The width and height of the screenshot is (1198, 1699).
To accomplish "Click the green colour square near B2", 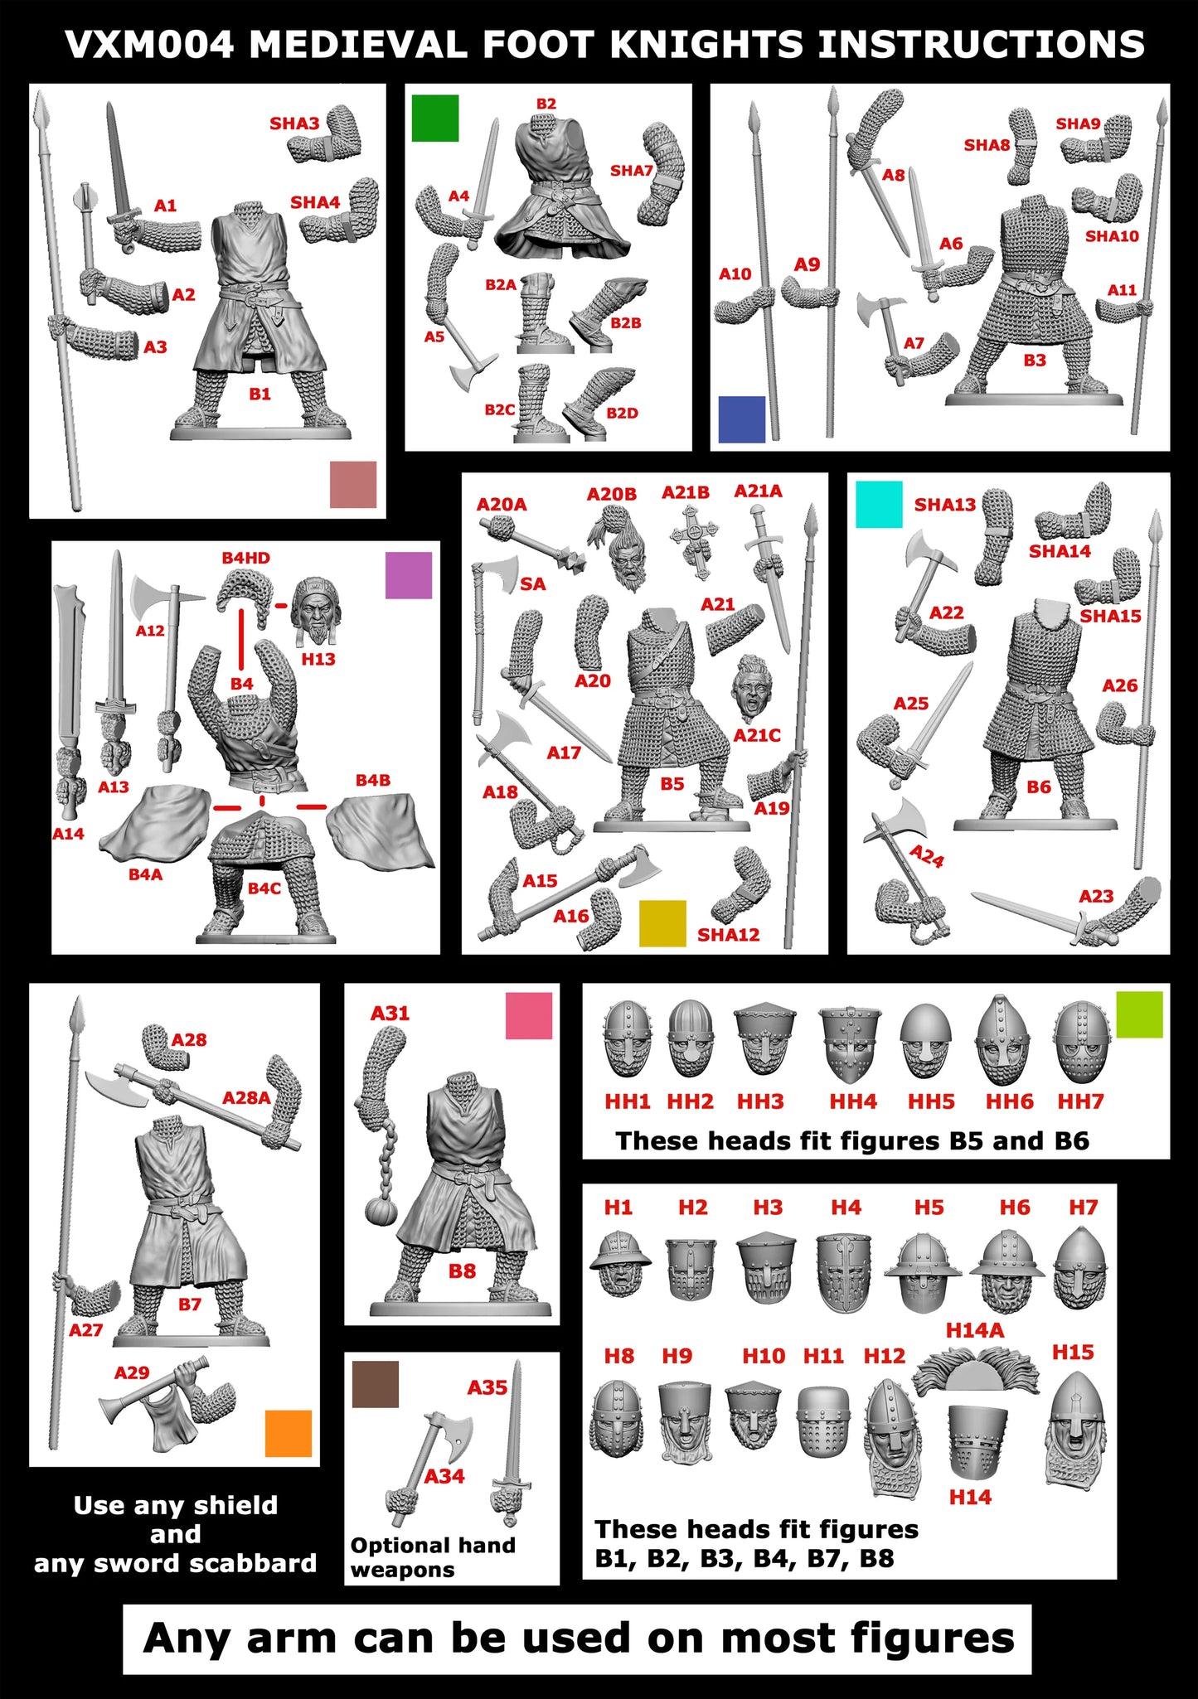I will click(x=435, y=118).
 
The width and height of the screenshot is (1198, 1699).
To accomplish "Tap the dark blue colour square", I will click(x=741, y=419).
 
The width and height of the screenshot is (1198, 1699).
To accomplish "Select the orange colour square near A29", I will click(x=288, y=1433).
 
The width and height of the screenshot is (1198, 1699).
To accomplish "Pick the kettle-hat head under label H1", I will click(x=620, y=1264).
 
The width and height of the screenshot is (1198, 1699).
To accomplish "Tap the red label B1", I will click(x=260, y=394).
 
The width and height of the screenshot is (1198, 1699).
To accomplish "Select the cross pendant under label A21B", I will click(x=693, y=540).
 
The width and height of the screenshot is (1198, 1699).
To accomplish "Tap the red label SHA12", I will click(x=728, y=935).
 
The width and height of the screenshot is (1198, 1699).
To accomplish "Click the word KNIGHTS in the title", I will click(x=706, y=45).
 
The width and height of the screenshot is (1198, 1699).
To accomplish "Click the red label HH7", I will click(x=1080, y=1101).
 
